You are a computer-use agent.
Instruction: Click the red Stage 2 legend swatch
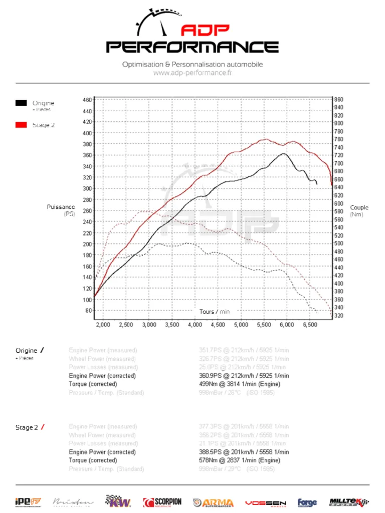(21, 125)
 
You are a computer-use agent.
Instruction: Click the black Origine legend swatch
(21, 103)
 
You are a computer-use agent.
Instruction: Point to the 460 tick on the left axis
(88, 100)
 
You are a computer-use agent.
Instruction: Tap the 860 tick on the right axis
(338, 100)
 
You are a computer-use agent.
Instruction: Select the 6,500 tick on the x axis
(310, 325)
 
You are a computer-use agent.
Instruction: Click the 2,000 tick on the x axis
(103, 325)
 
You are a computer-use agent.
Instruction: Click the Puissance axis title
(61, 207)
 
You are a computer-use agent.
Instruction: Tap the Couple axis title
(359, 207)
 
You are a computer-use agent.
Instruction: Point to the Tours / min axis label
(215, 312)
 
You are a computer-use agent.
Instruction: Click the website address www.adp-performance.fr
(192, 73)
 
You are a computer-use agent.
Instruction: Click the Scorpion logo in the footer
(162, 502)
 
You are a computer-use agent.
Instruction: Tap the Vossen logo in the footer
(266, 502)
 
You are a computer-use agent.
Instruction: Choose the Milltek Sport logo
(349, 502)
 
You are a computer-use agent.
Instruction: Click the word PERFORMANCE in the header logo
(192, 47)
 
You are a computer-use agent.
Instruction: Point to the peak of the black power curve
(284, 153)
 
